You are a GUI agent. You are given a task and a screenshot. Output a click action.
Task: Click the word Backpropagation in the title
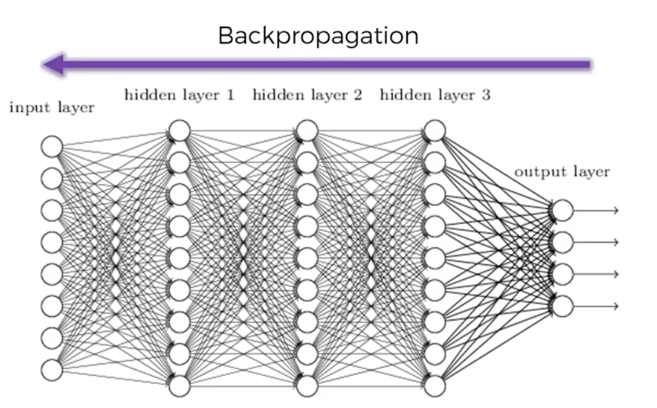click(318, 36)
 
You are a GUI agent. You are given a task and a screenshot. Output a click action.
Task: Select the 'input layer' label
click(51, 108)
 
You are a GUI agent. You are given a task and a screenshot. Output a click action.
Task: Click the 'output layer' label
click(562, 172)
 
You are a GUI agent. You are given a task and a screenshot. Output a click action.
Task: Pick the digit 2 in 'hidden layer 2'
click(357, 96)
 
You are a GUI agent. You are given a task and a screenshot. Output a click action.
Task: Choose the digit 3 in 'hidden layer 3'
click(485, 96)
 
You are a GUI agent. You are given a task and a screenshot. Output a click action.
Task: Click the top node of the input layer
click(52, 147)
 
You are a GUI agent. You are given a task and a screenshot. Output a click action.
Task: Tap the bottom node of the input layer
click(52, 370)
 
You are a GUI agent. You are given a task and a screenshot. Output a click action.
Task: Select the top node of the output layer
click(563, 210)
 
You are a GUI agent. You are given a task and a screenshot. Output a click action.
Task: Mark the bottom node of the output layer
click(563, 305)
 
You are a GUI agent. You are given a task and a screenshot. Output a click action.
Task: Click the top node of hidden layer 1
click(179, 131)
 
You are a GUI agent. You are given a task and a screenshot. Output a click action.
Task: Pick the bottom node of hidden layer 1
click(179, 386)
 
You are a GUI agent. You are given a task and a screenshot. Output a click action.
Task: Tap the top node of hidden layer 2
click(307, 131)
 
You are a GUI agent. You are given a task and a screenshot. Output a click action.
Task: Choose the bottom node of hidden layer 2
click(307, 386)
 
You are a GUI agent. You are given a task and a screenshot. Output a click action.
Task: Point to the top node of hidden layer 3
click(435, 131)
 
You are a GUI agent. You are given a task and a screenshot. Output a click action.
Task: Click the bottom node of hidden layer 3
click(435, 386)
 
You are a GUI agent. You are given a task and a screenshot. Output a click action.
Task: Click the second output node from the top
click(563, 242)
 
